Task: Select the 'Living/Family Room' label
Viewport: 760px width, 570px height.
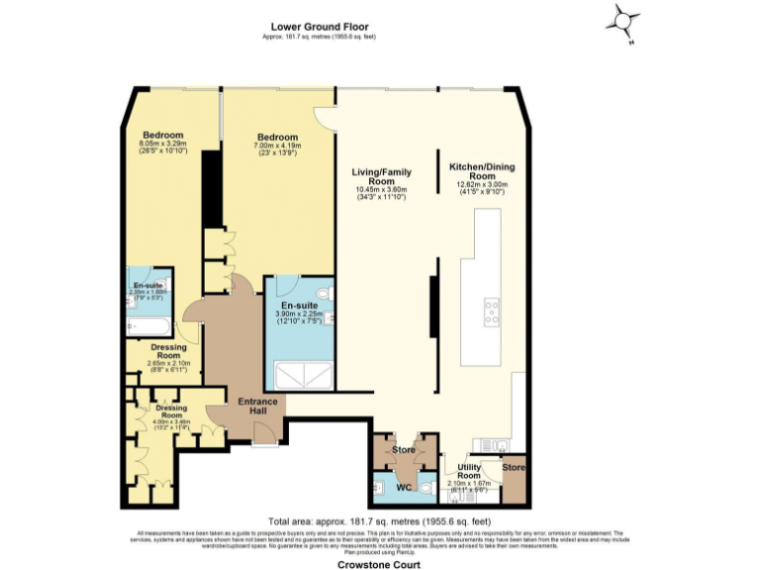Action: (382, 176)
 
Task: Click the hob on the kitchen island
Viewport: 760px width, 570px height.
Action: (491, 313)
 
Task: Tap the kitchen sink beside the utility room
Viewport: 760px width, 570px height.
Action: (495, 444)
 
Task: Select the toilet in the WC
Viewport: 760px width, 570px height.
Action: (426, 487)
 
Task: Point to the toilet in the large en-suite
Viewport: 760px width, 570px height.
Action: (330, 293)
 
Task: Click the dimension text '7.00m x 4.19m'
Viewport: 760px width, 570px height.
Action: (277, 146)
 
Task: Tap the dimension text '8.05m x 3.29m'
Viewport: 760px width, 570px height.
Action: (162, 144)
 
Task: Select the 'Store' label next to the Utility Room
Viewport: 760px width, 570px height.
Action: (512, 467)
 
